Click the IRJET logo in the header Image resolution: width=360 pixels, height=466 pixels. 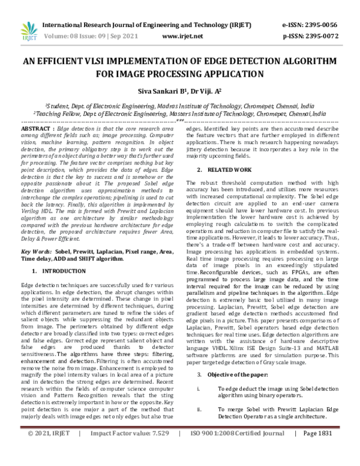[27, 30]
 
